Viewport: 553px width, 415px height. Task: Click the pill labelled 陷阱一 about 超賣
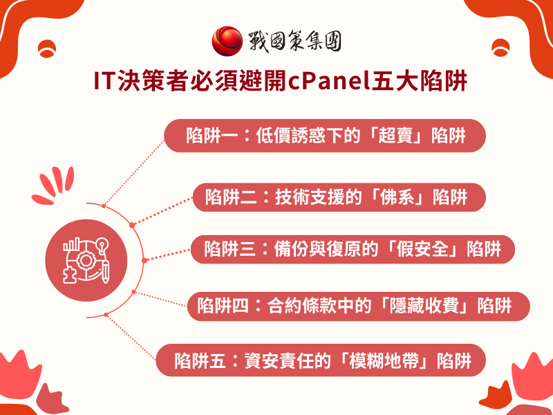click(x=325, y=136)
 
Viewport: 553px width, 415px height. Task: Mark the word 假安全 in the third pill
click(x=422, y=248)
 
